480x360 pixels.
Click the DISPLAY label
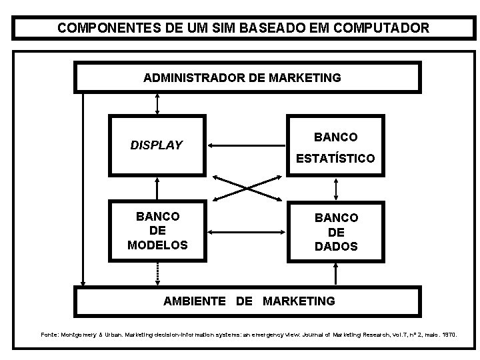click(x=156, y=145)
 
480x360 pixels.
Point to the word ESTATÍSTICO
click(x=335, y=159)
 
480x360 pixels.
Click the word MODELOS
click(x=157, y=245)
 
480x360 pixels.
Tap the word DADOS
click(x=336, y=246)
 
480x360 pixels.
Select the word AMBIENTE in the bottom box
click(x=195, y=301)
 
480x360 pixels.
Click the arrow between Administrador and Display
click(x=157, y=103)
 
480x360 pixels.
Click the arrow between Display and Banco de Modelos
click(x=157, y=186)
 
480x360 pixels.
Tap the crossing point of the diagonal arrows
click(x=246, y=188)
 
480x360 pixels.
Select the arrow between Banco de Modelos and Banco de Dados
click(x=246, y=231)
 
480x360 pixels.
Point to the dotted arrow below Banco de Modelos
click(x=157, y=273)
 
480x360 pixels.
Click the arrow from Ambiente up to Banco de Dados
click(x=336, y=274)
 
